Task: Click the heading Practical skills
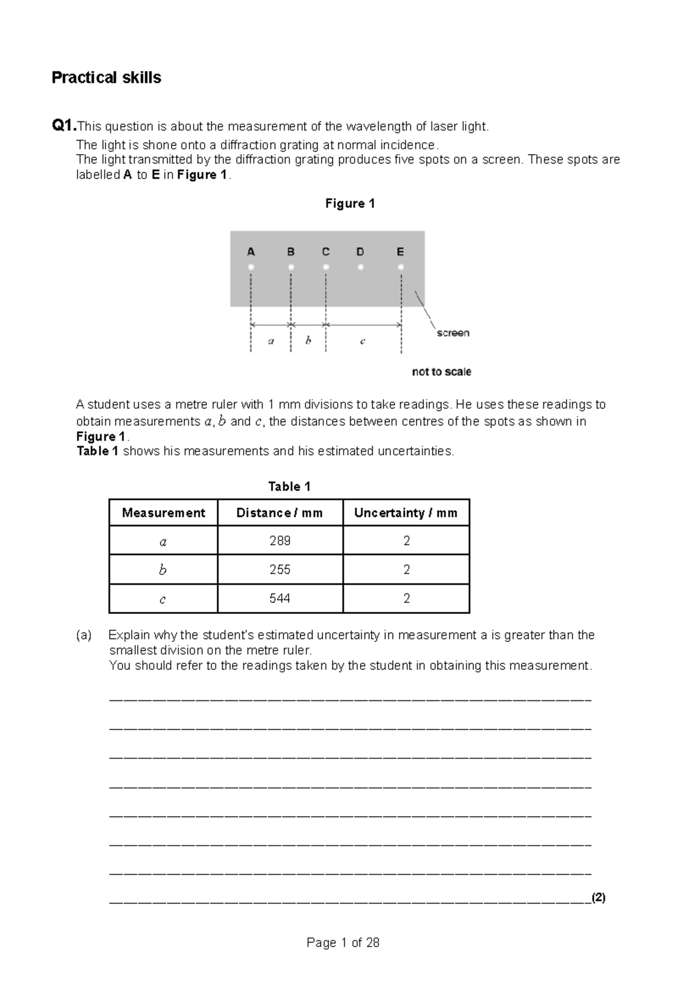(106, 78)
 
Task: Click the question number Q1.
(63, 125)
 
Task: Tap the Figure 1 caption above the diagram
(349, 204)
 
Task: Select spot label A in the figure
(251, 252)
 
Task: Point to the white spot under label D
(360, 267)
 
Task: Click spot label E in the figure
(400, 252)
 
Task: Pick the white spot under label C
(326, 267)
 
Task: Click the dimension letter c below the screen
(362, 341)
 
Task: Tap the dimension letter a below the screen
(271, 341)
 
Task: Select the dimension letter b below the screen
(308, 340)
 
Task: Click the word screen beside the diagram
(453, 333)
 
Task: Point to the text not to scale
(441, 372)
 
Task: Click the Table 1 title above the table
(289, 486)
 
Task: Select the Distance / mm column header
(279, 512)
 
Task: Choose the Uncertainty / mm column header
(405, 512)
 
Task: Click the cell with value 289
(279, 540)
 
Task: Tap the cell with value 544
(279, 598)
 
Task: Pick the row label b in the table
(163, 570)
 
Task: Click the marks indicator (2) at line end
(598, 898)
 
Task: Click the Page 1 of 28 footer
(343, 943)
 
